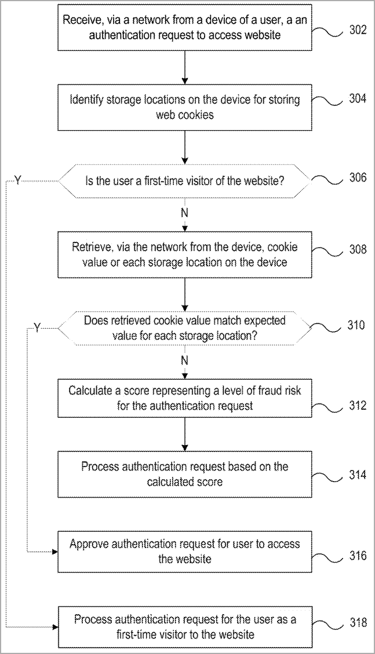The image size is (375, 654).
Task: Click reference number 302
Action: click(358, 30)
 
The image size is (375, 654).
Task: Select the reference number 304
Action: click(358, 98)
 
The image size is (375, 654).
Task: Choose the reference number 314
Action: click(358, 475)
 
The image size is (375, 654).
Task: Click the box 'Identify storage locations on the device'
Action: click(184, 107)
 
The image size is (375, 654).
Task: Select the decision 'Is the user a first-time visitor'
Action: click(184, 181)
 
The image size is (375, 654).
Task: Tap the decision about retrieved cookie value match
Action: click(184, 328)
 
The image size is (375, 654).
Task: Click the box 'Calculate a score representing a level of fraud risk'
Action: click(184, 398)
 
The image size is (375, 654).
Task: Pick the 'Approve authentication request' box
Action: click(184, 552)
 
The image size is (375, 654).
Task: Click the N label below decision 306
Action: click(184, 212)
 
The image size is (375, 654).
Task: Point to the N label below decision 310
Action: click(184, 361)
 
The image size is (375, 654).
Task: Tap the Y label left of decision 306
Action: click(18, 181)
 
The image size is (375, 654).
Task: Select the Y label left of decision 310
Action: click(37, 328)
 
